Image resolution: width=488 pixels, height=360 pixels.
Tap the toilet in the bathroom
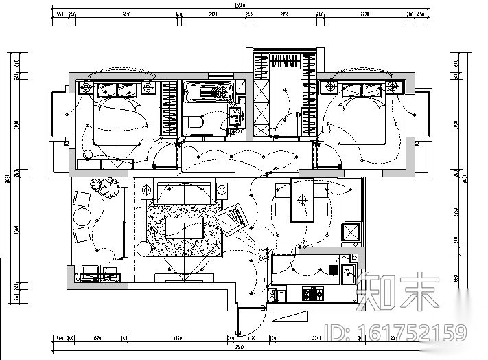click(x=194, y=122)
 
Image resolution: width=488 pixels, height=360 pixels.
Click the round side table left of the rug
click(x=144, y=248)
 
